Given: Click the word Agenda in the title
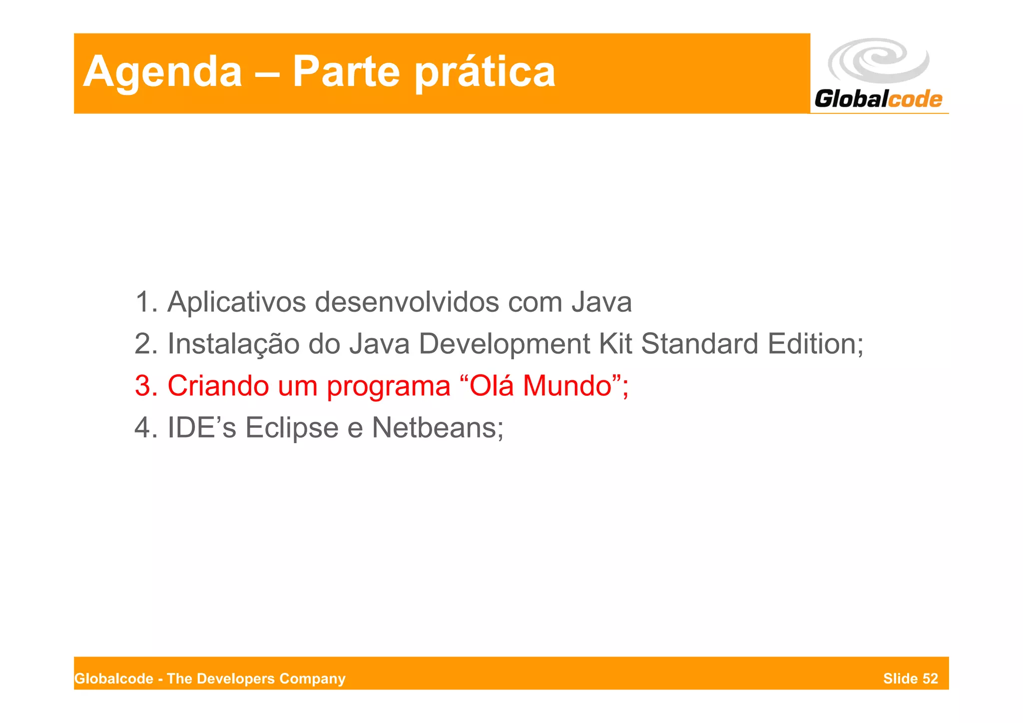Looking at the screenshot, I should (162, 72).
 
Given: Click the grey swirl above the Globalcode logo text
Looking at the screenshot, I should (878, 60).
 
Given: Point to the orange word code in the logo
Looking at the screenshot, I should (916, 99).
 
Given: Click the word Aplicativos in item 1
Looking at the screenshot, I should (236, 302).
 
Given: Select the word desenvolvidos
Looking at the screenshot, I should (407, 302).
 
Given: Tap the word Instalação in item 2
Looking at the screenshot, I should (233, 344).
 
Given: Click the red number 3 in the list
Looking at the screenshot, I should (142, 386).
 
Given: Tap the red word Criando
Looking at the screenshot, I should (218, 386).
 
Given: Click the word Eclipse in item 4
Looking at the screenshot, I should (292, 428).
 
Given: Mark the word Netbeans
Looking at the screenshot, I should (434, 428).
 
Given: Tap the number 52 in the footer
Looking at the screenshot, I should (930, 679).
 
